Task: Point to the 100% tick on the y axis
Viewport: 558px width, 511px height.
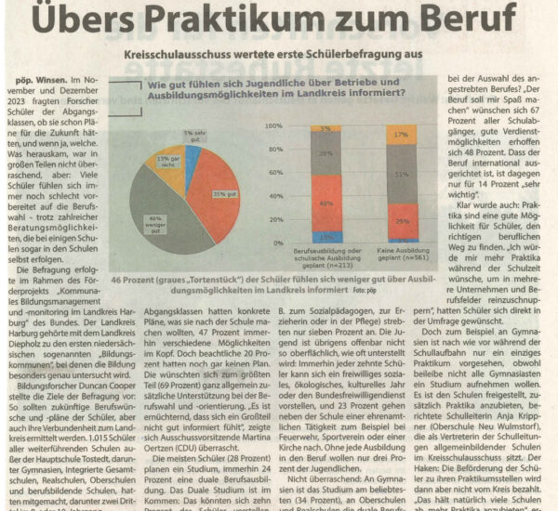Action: click(x=272, y=125)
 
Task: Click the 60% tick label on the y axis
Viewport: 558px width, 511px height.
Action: click(x=274, y=172)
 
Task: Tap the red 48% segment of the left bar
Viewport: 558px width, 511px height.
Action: click(x=325, y=202)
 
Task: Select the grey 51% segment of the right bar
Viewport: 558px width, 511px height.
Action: click(x=401, y=174)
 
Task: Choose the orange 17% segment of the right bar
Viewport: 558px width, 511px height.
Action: click(x=401, y=135)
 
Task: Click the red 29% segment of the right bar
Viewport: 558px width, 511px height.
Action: click(x=401, y=221)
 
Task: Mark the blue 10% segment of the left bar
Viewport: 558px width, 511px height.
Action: click(x=325, y=237)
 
